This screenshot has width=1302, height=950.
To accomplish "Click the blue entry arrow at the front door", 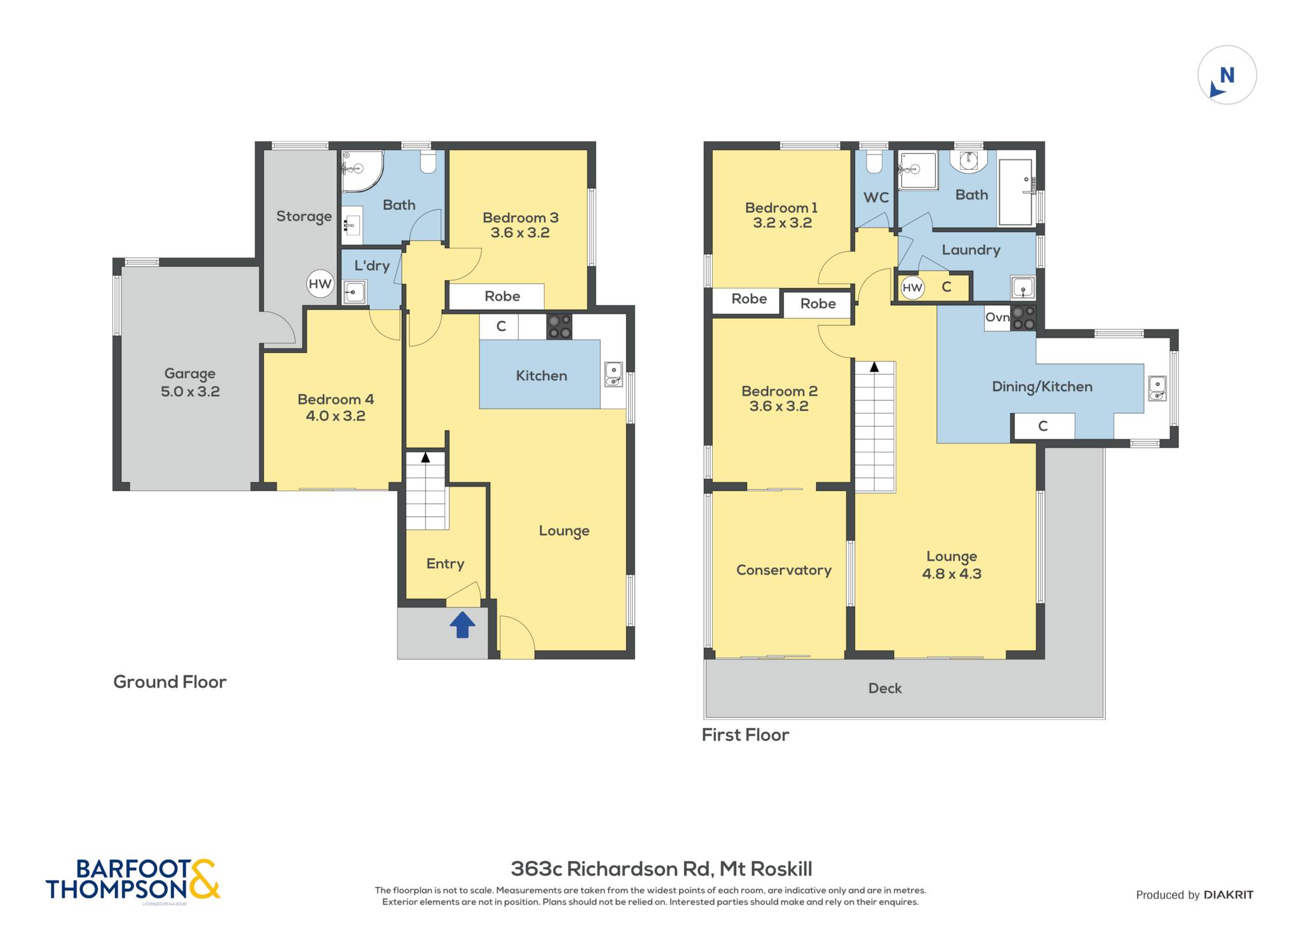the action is (x=462, y=624).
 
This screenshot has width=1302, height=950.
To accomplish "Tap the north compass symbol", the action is (x=1227, y=75).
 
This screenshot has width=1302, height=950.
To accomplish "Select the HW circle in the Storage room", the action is (x=320, y=284).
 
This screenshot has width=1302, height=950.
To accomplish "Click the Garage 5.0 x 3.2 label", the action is (x=190, y=382).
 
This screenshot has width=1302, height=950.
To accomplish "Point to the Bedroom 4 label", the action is (x=336, y=399).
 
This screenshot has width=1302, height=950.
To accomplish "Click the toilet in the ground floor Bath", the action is (x=428, y=162).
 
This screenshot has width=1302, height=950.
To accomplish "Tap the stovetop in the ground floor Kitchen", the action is (x=559, y=327).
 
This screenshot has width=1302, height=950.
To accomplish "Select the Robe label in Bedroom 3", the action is (x=502, y=296).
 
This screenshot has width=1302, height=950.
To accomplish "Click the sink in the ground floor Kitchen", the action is (x=613, y=374).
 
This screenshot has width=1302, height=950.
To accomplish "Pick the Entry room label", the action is (x=445, y=563).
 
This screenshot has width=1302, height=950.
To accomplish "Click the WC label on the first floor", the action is (x=876, y=198).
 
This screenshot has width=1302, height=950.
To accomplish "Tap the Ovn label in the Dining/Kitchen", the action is (x=997, y=317).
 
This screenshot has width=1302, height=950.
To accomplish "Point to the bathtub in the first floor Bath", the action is (x=1015, y=192).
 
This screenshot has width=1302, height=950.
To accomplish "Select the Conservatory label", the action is (x=784, y=570).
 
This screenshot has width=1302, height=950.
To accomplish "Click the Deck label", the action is (x=885, y=688).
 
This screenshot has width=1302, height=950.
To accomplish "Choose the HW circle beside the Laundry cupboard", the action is (x=912, y=287).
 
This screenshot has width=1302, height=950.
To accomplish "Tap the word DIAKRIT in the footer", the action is (x=1228, y=895).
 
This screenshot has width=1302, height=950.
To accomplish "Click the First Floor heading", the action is (x=745, y=735).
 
